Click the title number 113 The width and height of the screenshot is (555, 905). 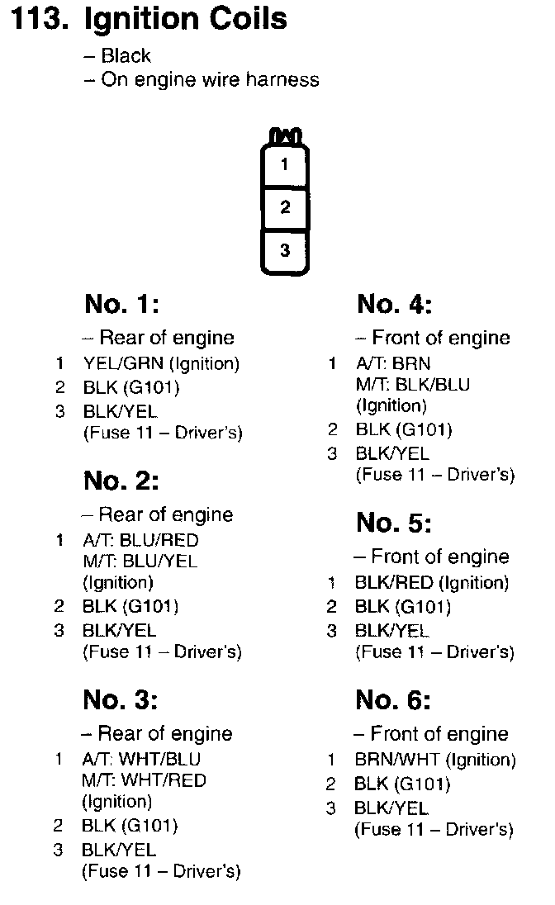pyautogui.click(x=37, y=20)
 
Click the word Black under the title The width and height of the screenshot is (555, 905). pyautogui.click(x=126, y=56)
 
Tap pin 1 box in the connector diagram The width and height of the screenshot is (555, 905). pyautogui.click(x=285, y=165)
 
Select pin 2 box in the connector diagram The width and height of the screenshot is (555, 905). pyautogui.click(x=285, y=207)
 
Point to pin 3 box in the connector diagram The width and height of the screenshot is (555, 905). pyautogui.click(x=285, y=250)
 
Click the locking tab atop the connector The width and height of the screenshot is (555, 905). pyautogui.click(x=285, y=135)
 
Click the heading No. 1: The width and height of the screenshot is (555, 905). pyautogui.click(x=121, y=305)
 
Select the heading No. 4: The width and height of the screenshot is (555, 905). pyautogui.click(x=394, y=305)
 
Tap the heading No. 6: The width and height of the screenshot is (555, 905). pyautogui.click(x=393, y=700)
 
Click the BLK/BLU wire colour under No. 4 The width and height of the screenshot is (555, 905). pyautogui.click(x=432, y=384)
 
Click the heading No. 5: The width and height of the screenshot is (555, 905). pyautogui.click(x=394, y=523)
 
